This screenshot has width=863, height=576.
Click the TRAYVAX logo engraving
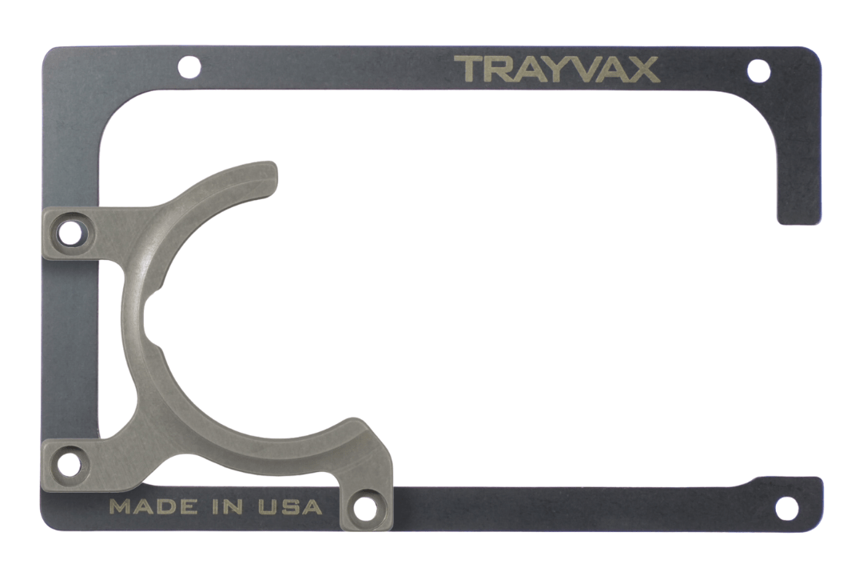tap(556, 70)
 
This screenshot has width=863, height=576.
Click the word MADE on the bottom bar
tap(153, 506)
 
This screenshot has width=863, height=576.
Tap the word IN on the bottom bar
tap(228, 506)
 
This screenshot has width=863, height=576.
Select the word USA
tap(290, 506)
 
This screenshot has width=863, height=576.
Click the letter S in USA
tap(290, 506)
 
